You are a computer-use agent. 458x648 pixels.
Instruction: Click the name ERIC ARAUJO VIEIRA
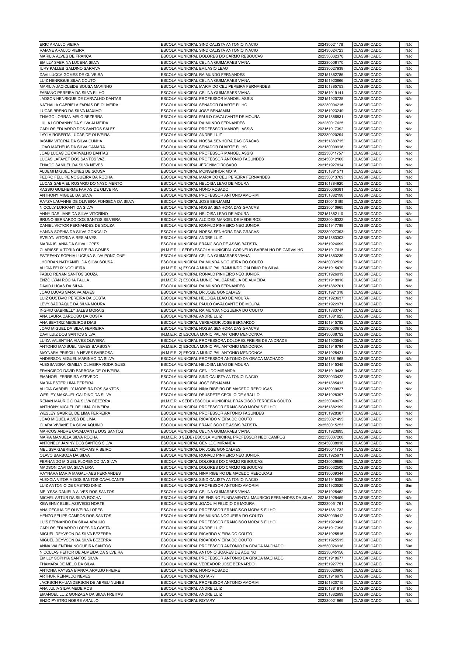click(x=59, y=45)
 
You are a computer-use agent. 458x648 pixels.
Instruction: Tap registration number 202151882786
click(x=330, y=75)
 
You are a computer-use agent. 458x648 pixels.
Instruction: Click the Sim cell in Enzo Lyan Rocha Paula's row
click(x=409, y=280)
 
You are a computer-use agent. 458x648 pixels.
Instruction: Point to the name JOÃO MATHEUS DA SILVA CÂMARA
click(x=72, y=147)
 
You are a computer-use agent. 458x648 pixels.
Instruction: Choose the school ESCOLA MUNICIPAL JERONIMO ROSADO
click(x=199, y=165)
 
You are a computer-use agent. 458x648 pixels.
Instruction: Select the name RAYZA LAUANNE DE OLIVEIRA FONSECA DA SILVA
click(x=87, y=202)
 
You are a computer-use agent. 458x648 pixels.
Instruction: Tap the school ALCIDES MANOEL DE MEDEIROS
click(x=211, y=220)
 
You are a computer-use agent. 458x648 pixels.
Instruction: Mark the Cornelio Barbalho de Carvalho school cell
click(x=232, y=250)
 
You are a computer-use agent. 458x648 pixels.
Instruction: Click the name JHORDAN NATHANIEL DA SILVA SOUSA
click(x=76, y=262)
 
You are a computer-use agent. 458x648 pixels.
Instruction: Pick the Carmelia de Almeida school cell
click(x=213, y=280)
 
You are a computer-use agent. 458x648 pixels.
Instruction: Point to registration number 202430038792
click(x=330, y=335)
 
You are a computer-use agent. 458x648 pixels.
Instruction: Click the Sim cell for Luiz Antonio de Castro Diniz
click(x=409, y=486)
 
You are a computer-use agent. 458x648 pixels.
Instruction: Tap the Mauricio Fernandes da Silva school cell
click(x=237, y=498)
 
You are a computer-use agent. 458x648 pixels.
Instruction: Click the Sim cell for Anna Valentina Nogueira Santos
click(x=409, y=546)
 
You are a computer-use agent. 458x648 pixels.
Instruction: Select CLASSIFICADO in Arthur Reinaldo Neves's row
click(x=367, y=576)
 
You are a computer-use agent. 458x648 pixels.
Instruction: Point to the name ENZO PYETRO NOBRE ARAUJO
click(x=69, y=601)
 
